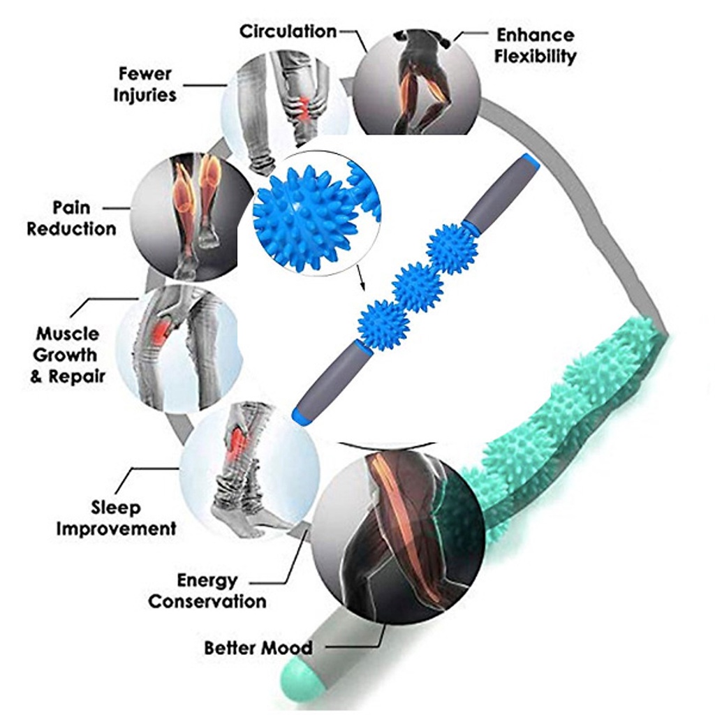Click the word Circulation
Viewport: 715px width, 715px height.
tap(288, 31)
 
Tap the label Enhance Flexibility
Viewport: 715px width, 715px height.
tap(536, 45)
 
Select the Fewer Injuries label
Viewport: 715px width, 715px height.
tap(145, 84)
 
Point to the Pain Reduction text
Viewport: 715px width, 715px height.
tap(71, 218)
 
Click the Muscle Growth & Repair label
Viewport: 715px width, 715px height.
tap(67, 355)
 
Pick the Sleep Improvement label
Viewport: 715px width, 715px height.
tap(116, 517)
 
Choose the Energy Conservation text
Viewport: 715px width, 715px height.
tap(207, 590)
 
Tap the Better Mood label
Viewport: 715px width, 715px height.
tap(258, 647)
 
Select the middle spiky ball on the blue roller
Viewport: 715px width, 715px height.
tap(418, 286)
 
